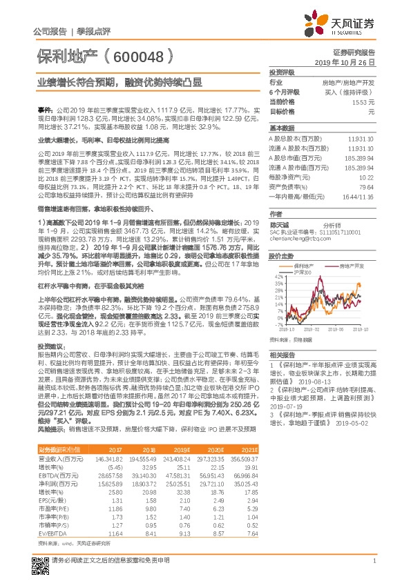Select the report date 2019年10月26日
[x=345, y=62]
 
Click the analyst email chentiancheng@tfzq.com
[x=298, y=240]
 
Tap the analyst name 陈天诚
[x=278, y=225]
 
